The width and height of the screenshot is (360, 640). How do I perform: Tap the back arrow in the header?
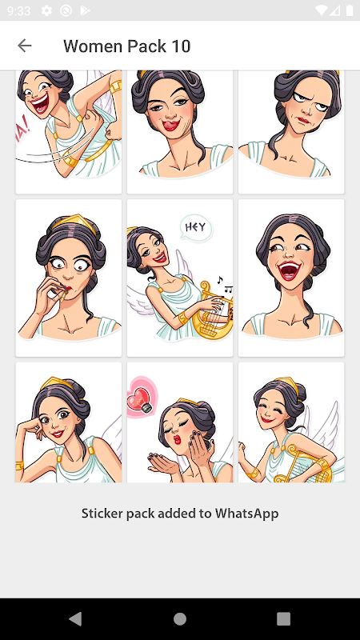tap(25, 46)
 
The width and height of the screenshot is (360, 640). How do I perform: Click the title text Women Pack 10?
tap(127, 46)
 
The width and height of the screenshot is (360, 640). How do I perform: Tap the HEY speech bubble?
tap(196, 228)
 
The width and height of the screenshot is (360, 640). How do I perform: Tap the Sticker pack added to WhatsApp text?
tap(180, 514)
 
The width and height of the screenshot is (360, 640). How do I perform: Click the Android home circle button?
tap(180, 618)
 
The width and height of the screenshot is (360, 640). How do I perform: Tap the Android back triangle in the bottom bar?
tap(76, 618)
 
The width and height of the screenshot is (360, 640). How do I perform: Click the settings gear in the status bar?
tap(46, 10)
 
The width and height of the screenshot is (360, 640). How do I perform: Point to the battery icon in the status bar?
tap(350, 10)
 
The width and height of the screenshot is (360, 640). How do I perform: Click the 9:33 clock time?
tap(18, 10)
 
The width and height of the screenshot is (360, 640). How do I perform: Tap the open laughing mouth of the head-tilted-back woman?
tap(290, 270)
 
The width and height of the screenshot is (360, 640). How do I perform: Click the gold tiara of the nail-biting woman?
tap(73, 222)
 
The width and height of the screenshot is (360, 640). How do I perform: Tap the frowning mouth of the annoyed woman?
tap(302, 121)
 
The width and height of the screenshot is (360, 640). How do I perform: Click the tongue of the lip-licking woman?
tap(170, 126)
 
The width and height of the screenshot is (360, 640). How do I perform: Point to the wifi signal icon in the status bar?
tap(321, 10)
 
